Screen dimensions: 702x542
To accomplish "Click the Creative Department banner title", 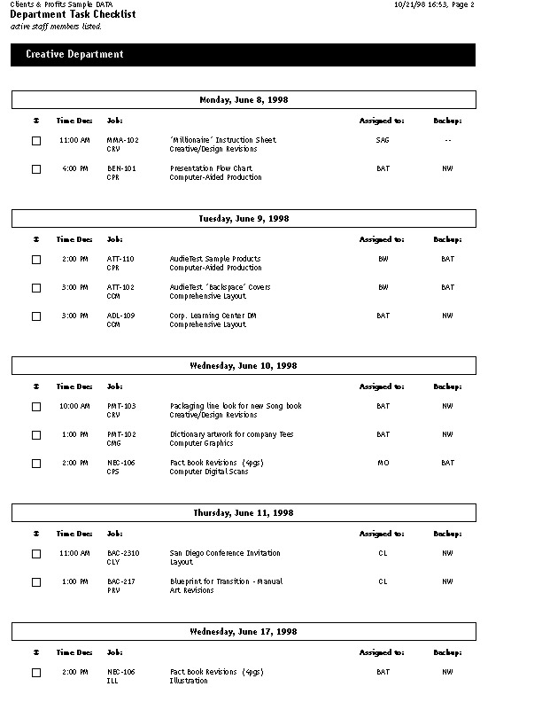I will (x=74, y=55).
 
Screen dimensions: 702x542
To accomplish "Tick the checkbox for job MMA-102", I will (x=36, y=141).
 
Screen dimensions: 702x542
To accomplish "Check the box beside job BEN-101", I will (x=36, y=169).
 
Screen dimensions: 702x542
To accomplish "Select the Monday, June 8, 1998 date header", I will (x=244, y=100).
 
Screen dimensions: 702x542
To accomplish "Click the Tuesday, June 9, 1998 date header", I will (x=244, y=218).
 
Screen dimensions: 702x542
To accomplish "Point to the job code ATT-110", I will (x=120, y=259).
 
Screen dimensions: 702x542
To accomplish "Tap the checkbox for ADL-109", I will (x=36, y=316).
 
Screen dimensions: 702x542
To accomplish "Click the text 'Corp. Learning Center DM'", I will (x=213, y=316).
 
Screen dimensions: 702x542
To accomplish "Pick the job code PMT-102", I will (x=120, y=434).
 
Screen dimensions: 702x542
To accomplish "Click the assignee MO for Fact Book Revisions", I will (x=383, y=463).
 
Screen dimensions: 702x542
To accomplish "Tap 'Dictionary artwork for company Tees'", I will (x=231, y=434).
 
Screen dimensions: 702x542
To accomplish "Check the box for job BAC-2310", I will (x=36, y=554).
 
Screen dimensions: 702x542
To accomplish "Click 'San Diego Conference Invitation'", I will (x=225, y=553).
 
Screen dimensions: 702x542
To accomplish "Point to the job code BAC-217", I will (x=120, y=581).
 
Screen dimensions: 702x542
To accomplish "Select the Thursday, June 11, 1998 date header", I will (x=244, y=512).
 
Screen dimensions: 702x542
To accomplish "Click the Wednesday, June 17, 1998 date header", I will (x=244, y=631).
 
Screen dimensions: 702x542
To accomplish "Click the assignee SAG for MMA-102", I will (x=383, y=140).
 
